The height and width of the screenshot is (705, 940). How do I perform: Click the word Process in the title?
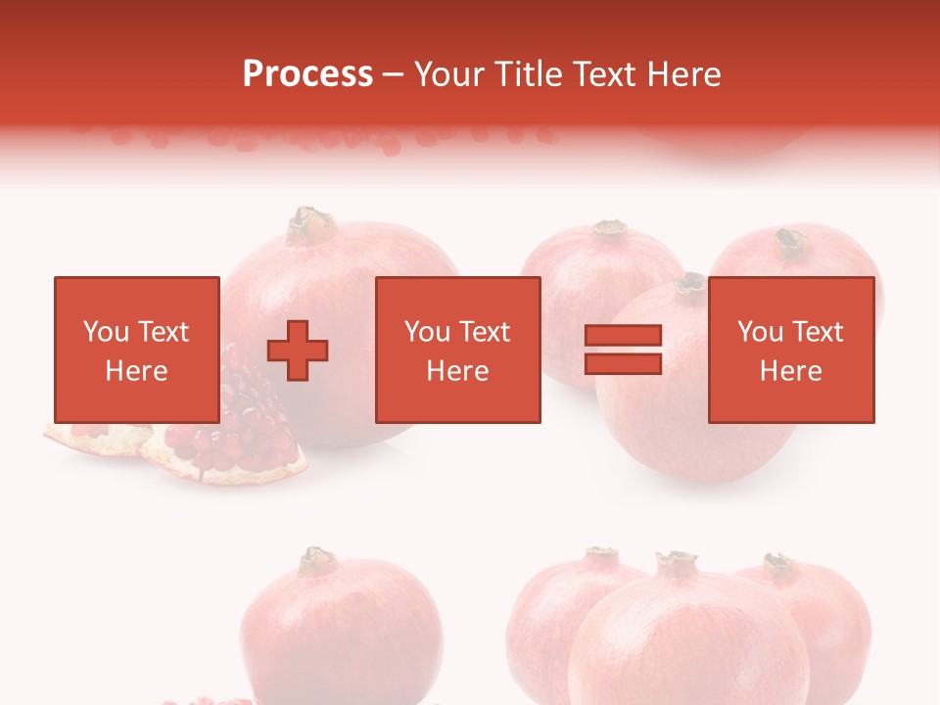(x=307, y=74)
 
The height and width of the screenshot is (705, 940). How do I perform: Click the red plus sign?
(x=298, y=350)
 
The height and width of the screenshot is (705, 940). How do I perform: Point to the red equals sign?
(x=623, y=350)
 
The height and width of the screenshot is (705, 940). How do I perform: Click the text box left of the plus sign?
(x=136, y=350)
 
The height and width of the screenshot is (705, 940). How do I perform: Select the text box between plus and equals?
(x=457, y=350)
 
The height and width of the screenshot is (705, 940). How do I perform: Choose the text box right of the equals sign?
(x=790, y=350)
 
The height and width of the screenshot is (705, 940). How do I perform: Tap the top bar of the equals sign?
(x=623, y=336)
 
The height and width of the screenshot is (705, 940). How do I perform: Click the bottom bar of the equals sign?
(x=623, y=363)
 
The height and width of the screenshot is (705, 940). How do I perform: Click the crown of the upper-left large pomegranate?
(x=311, y=225)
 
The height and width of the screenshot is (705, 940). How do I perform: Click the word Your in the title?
(x=450, y=74)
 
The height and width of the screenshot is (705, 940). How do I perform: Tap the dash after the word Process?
(x=393, y=75)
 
